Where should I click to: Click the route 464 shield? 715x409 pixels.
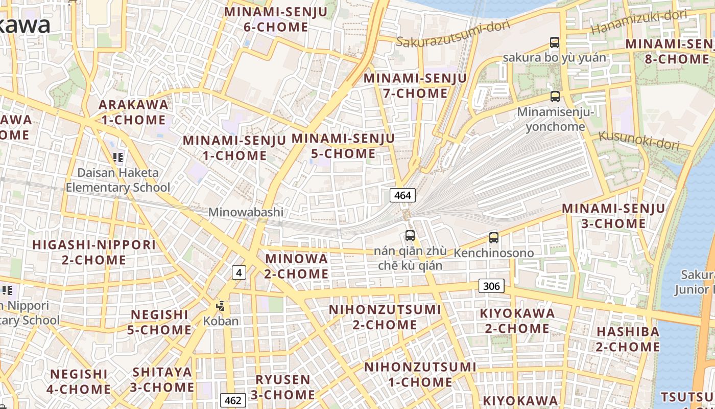coord(402,195)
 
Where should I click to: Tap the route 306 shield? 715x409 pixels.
coord(491,286)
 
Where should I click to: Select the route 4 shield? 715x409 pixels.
coord(239,272)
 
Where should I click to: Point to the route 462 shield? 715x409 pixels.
coord(233,399)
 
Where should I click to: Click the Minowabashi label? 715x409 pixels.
coord(246,212)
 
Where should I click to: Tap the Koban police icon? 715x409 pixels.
coord(221,306)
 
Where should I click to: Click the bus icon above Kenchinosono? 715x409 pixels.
coord(493,238)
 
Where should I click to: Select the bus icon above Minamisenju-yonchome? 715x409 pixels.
coord(555,96)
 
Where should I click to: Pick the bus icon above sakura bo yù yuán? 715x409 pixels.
coord(555,42)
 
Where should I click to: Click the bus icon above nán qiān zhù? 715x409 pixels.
coord(410,236)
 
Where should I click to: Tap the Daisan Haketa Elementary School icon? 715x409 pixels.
coord(118,157)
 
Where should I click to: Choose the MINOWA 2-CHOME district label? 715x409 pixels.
coord(296,266)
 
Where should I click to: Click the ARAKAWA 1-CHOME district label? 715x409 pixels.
coord(133,112)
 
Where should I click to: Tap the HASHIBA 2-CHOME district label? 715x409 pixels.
coord(628,339)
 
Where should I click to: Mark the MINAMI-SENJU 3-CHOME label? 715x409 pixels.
coord(613,216)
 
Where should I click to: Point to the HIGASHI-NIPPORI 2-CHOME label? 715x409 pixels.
coord(94,252)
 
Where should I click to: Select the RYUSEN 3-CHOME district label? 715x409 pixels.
coord(282,387)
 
